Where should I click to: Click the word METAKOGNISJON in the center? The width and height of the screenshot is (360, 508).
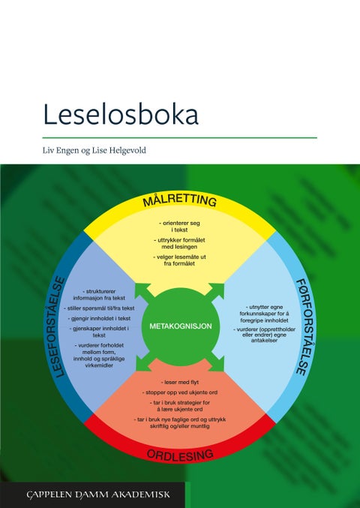click(x=181, y=327)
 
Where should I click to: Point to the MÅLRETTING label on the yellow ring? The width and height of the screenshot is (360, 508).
click(x=180, y=200)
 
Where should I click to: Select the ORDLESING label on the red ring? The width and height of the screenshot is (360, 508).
click(x=180, y=454)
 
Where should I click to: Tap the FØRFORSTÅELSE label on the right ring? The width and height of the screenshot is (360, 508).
click(x=302, y=327)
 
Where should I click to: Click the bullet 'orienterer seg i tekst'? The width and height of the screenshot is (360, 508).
click(x=180, y=227)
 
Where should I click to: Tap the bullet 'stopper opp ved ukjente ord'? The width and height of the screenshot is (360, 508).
click(x=180, y=392)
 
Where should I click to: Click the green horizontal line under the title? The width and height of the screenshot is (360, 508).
click(x=180, y=137)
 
